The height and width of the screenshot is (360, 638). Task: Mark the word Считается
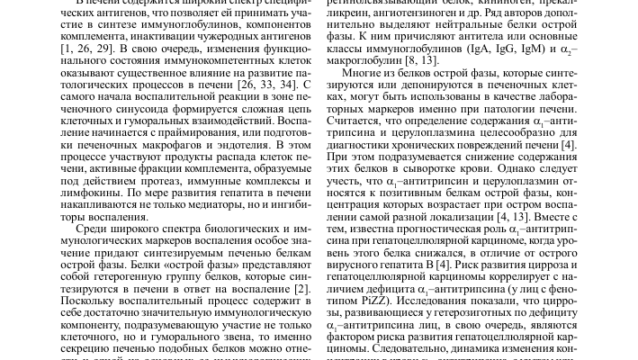point(364,130)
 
